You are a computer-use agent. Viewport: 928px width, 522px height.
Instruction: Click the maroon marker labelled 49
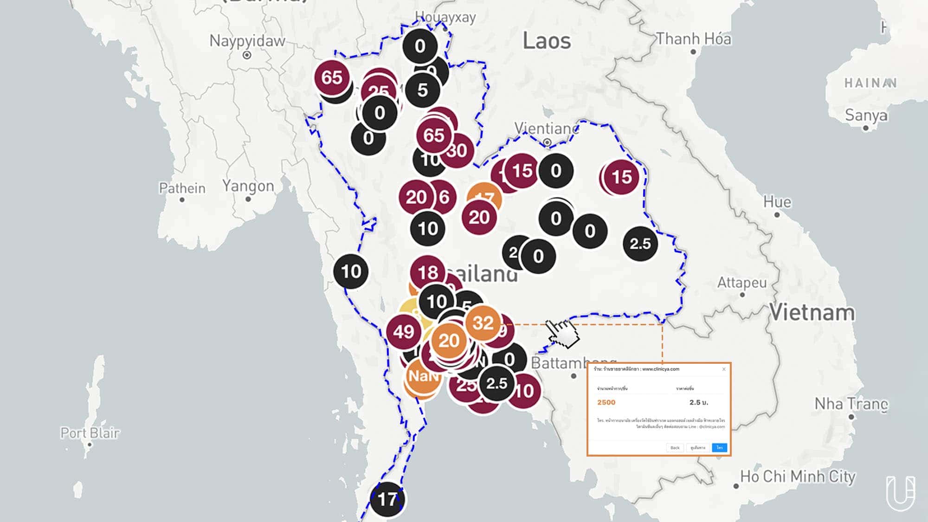point(403,332)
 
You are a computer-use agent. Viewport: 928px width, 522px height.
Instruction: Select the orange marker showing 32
point(483,323)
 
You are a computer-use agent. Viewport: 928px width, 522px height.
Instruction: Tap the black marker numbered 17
point(387,499)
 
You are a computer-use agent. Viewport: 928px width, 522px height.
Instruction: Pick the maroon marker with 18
point(427,272)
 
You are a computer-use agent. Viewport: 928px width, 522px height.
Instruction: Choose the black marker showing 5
point(422,90)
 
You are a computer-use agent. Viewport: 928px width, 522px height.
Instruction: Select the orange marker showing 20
point(449,341)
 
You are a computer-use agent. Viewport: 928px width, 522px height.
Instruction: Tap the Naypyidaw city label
point(247,41)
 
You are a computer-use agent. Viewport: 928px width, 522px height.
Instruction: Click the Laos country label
point(547,41)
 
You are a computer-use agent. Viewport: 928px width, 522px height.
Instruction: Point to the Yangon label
point(248,186)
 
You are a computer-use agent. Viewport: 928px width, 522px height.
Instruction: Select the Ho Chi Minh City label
point(798,477)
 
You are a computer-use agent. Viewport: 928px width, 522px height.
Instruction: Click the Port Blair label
point(90,433)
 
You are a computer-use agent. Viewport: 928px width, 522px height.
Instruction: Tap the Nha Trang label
point(851,404)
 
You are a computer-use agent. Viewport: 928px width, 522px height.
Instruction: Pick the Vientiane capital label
point(547,128)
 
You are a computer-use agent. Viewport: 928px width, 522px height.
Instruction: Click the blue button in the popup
point(719,448)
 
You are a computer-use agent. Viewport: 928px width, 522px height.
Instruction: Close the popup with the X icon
point(724,369)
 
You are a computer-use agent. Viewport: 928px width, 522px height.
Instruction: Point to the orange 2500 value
point(606,402)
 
